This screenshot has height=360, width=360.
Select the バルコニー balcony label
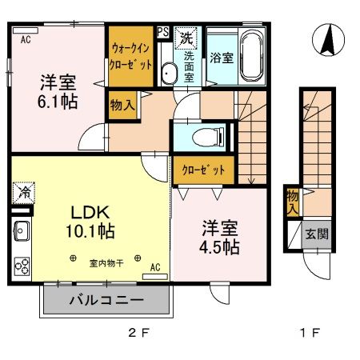tap(106, 301)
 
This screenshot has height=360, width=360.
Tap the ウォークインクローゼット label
tap(131, 57)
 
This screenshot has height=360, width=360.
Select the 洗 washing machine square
tap(186, 37)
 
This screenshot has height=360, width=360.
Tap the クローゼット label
tap(203, 170)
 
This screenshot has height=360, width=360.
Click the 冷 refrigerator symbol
tap(22, 193)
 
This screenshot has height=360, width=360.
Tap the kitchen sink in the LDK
tap(21, 233)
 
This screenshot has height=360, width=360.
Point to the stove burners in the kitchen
tap(21, 265)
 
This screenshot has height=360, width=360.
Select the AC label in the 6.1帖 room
tap(25, 38)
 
